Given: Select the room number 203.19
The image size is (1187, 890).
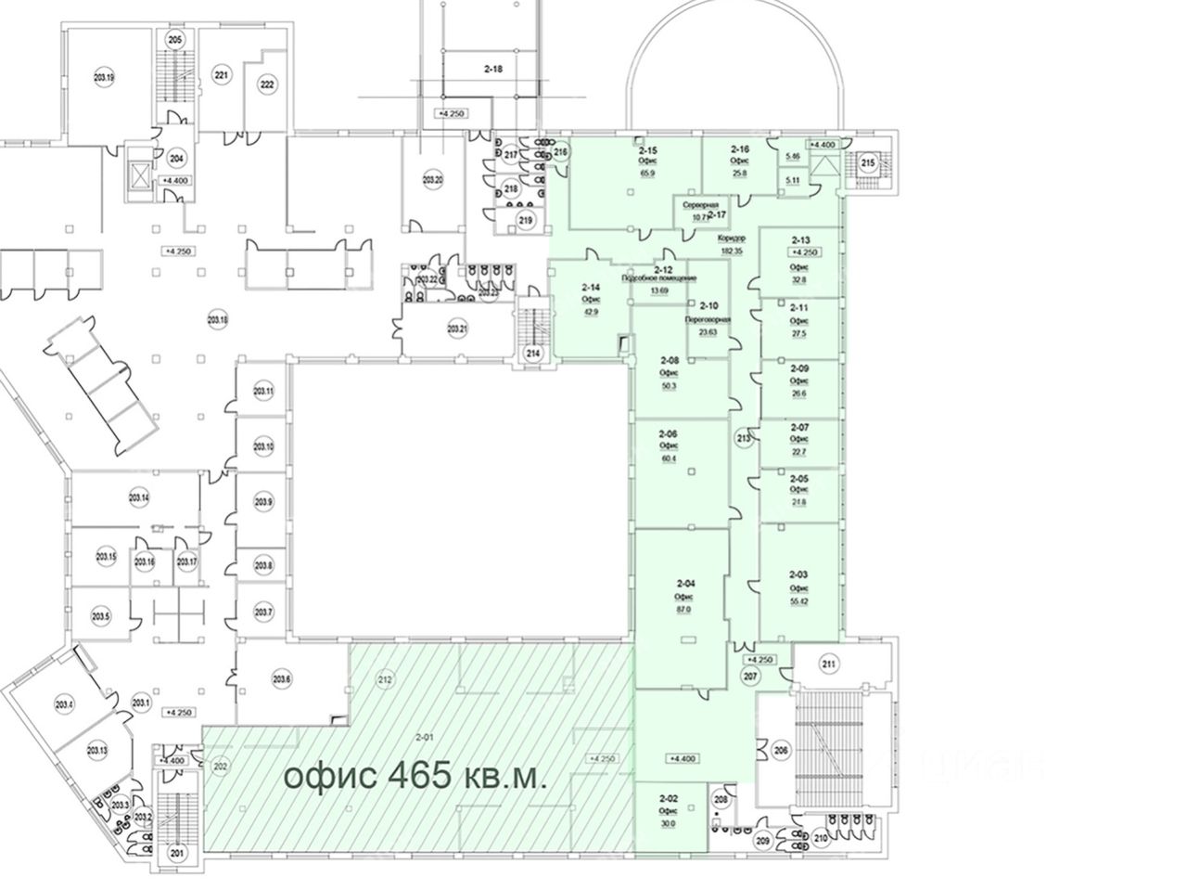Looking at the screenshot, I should click(104, 78).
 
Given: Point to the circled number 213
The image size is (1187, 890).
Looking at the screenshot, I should click(743, 438).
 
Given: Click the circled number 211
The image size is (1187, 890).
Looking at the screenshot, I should click(828, 664).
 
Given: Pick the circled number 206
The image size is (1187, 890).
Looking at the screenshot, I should click(781, 751).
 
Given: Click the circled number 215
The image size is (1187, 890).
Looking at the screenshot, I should click(867, 163).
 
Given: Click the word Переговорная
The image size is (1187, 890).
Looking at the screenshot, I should click(708, 319).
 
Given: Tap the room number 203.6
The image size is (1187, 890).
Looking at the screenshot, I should click(282, 679).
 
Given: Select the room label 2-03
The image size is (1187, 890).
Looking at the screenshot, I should click(798, 575).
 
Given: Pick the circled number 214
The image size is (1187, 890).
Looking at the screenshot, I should click(532, 353).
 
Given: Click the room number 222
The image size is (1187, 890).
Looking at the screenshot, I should click(267, 84).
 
